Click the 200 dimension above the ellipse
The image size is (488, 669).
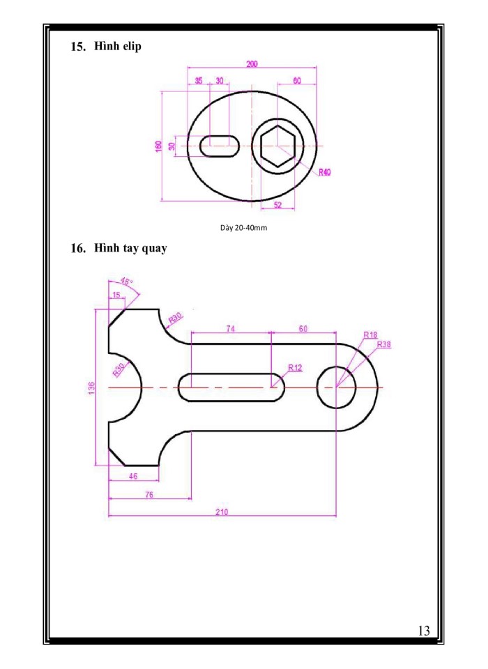pyautogui.click(x=252, y=64)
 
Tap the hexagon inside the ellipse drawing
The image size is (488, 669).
pyautogui.click(x=278, y=146)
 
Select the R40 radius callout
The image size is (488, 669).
pyautogui.click(x=324, y=172)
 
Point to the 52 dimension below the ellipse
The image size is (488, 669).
pyautogui.click(x=277, y=205)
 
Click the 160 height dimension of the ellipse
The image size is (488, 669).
pyautogui.click(x=158, y=146)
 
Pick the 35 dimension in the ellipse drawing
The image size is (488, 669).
pyautogui.click(x=199, y=81)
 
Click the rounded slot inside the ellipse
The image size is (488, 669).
pyautogui.click(x=220, y=146)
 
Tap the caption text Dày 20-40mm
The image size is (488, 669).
pyautogui.click(x=244, y=227)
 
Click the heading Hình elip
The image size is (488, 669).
pyautogui.click(x=117, y=47)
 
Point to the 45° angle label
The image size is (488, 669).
pyautogui.click(x=126, y=282)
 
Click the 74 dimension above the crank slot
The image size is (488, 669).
pyautogui.click(x=230, y=328)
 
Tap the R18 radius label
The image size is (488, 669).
pyautogui.click(x=370, y=334)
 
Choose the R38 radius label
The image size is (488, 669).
pyautogui.click(x=383, y=344)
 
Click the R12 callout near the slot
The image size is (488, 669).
pyautogui.click(x=295, y=367)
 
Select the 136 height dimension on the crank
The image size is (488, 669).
pyautogui.click(x=91, y=387)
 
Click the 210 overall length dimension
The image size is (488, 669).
pyautogui.click(x=222, y=512)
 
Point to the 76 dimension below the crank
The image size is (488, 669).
pyautogui.click(x=149, y=494)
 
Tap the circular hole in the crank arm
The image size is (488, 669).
pyautogui.click(x=336, y=387)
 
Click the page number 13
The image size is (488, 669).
pyautogui.click(x=424, y=631)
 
